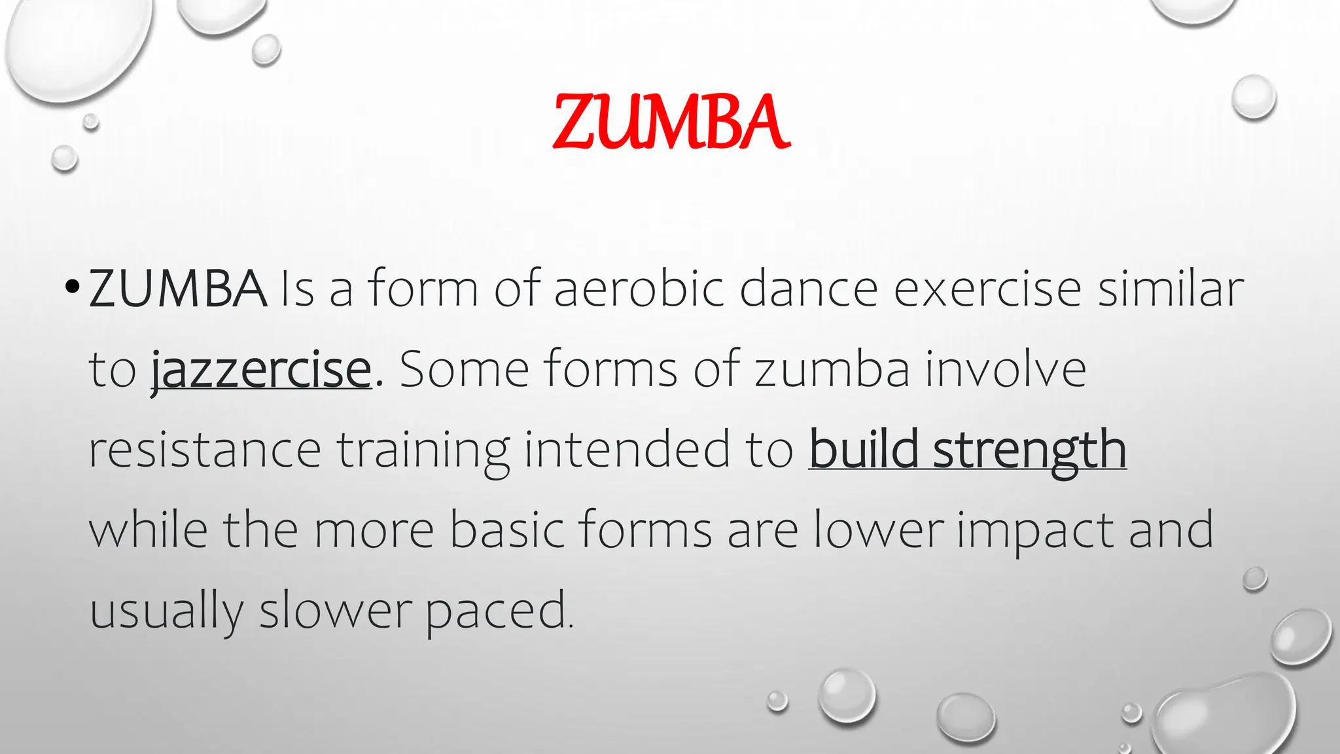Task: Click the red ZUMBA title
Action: click(x=671, y=122)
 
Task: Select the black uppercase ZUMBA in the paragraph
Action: click(x=178, y=289)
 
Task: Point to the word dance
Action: click(x=809, y=289)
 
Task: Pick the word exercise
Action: click(x=987, y=289)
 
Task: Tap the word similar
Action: click(x=1171, y=289)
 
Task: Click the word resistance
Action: click(x=205, y=451)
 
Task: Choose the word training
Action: click(x=423, y=451)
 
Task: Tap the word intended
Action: click(x=626, y=451)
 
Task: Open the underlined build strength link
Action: click(x=967, y=451)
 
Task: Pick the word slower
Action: click(x=335, y=611)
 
